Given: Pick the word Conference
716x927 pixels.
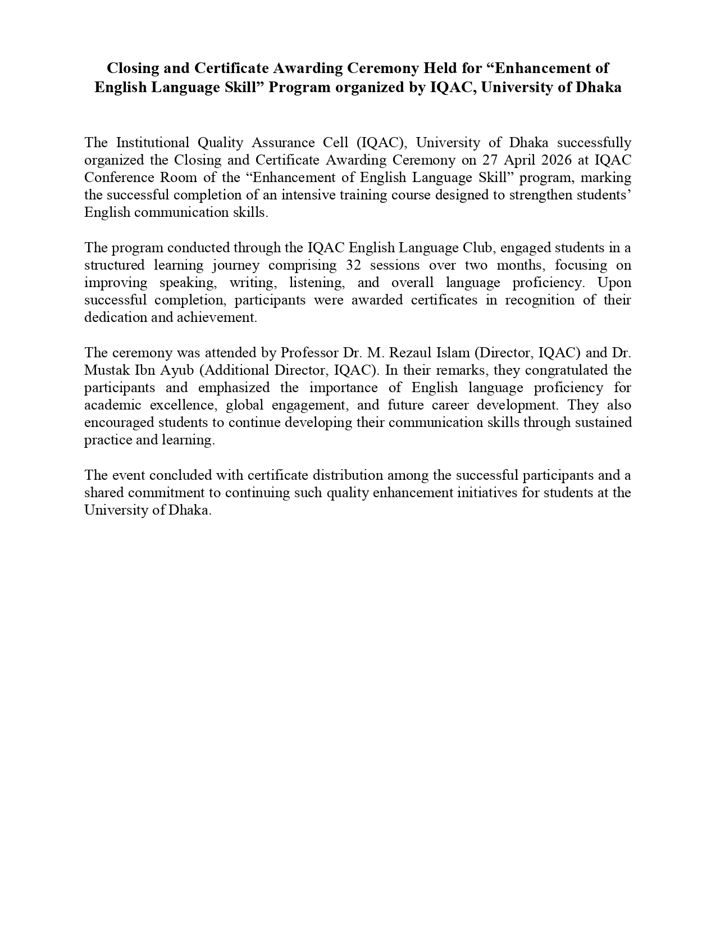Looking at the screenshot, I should [117, 178].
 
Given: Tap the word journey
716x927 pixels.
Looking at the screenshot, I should [236, 265].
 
